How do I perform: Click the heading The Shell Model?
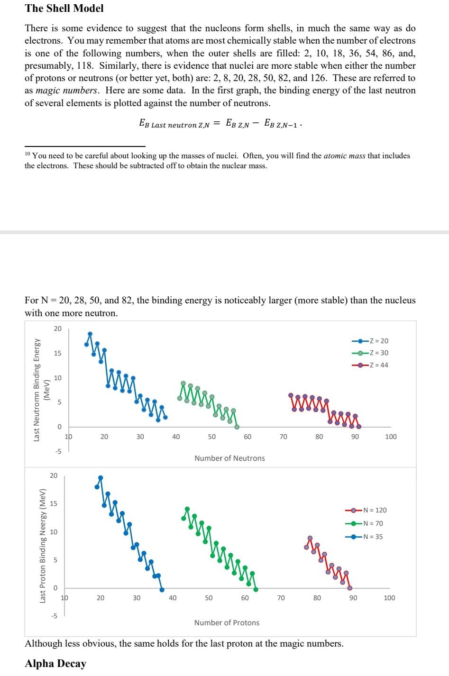tap(64, 8)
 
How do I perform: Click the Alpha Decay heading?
tap(55, 663)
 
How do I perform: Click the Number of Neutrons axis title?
tap(229, 458)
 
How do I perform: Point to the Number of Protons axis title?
tap(227, 622)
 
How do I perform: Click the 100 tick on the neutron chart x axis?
tap(391, 437)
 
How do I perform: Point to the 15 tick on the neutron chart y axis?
tap(58, 354)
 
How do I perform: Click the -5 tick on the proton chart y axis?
tap(54, 616)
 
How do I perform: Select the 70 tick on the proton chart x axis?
tap(281, 598)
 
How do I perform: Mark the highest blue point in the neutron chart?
tap(90, 334)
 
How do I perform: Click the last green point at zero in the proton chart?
tap(256, 590)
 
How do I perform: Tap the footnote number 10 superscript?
tap(27, 154)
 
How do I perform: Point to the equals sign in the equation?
tap(217, 124)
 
